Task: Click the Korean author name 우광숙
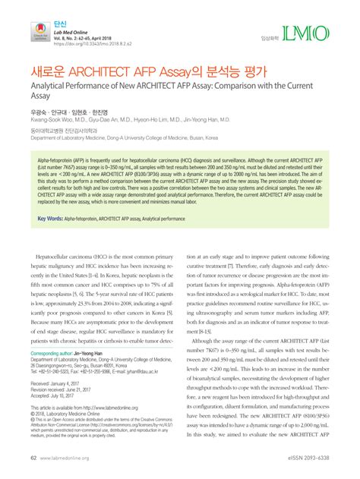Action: pos(39,111)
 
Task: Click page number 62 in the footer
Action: pos(33,459)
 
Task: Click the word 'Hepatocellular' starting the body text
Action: pos(62,258)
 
